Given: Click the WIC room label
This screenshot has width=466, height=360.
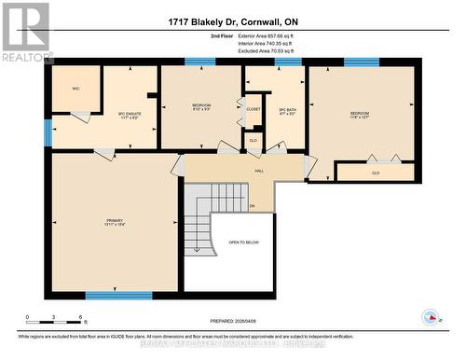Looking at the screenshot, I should pyautogui.click(x=76, y=89).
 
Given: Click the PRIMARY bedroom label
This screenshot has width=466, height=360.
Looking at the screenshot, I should pyautogui.click(x=114, y=223).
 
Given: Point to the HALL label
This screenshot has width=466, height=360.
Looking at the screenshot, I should pyautogui.click(x=259, y=171).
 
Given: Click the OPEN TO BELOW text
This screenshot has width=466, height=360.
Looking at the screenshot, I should pyautogui.click(x=242, y=242).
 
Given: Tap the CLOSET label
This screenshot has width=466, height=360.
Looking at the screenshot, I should pyautogui.click(x=254, y=110).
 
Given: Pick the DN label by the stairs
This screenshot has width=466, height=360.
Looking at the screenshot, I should pyautogui.click(x=252, y=205).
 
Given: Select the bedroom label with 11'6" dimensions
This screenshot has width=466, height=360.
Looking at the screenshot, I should pyautogui.click(x=360, y=115).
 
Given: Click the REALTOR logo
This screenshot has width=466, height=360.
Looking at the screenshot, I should pyautogui.click(x=26, y=32).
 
